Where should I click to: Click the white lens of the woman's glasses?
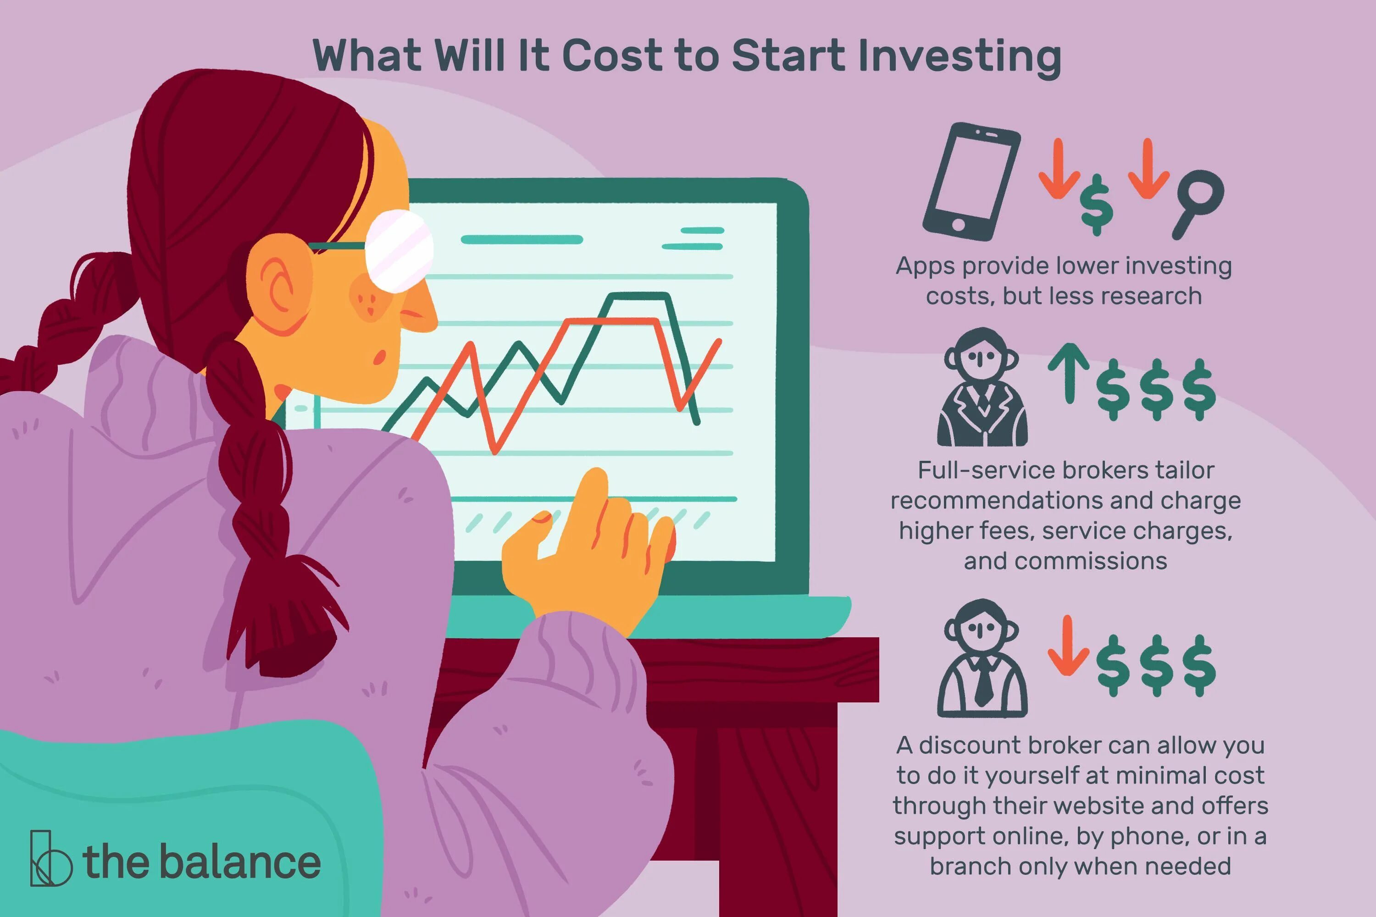399,250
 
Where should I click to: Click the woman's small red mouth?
380,357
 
